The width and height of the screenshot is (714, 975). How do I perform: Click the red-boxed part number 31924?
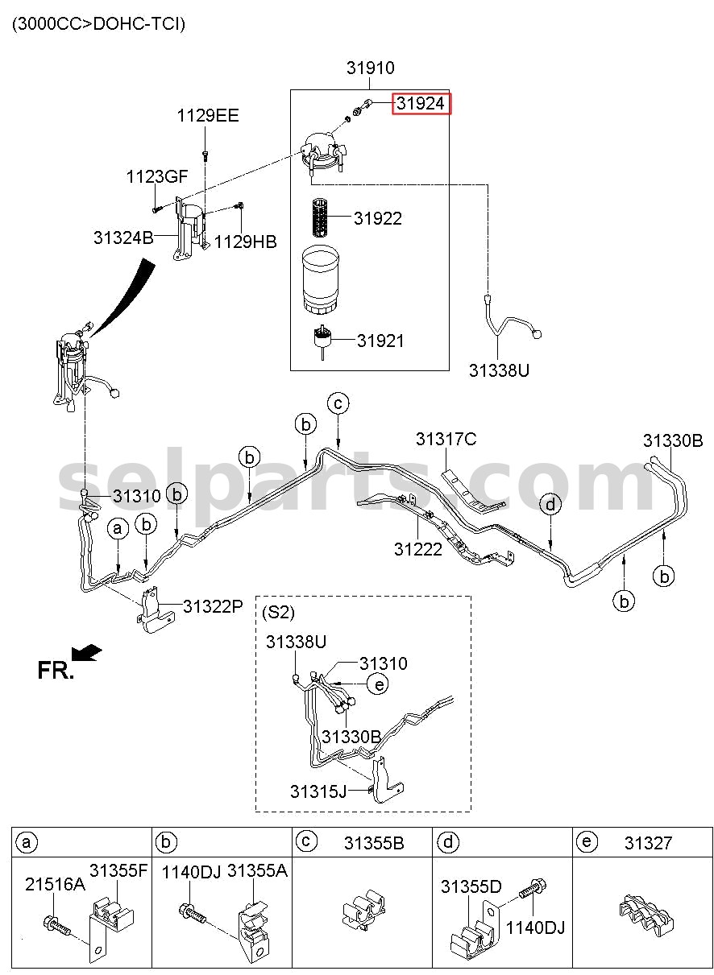[421, 104]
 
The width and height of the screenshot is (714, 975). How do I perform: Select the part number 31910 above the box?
[370, 68]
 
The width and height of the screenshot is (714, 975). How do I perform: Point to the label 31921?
[380, 341]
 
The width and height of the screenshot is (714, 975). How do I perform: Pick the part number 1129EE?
[208, 116]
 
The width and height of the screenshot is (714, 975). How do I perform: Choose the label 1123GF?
[157, 176]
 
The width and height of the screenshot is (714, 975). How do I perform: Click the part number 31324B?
[123, 238]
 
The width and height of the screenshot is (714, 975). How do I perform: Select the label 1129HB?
[245, 242]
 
